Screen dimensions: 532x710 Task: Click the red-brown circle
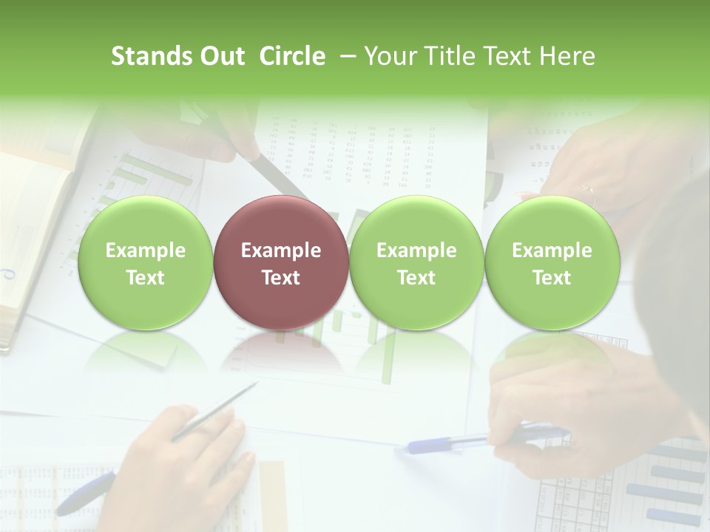click(x=280, y=262)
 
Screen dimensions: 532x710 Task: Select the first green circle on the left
click(x=145, y=262)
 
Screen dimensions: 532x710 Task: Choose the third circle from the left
click(x=416, y=262)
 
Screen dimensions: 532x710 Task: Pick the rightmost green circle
click(x=552, y=262)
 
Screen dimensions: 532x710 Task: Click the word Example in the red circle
click(x=280, y=250)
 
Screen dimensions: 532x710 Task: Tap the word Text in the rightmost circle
click(x=552, y=278)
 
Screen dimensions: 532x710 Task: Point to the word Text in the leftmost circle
click(x=145, y=278)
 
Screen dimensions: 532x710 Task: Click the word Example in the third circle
click(x=416, y=250)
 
